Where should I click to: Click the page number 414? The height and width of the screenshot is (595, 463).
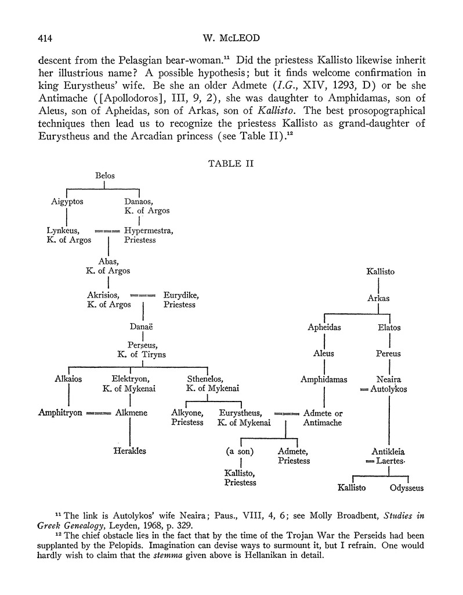click(x=45, y=39)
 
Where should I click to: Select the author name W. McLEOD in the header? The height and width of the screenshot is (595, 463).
click(x=230, y=39)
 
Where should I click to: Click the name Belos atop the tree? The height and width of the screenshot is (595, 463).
click(x=104, y=175)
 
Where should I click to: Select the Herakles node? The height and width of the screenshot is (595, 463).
click(x=129, y=450)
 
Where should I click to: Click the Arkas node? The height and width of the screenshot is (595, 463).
click(x=378, y=298)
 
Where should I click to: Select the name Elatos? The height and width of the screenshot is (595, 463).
click(x=389, y=327)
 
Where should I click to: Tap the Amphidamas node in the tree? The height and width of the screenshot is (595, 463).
click(x=324, y=379)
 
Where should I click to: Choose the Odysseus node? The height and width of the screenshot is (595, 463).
click(x=407, y=488)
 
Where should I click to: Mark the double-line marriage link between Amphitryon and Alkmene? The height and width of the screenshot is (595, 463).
click(x=98, y=413)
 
